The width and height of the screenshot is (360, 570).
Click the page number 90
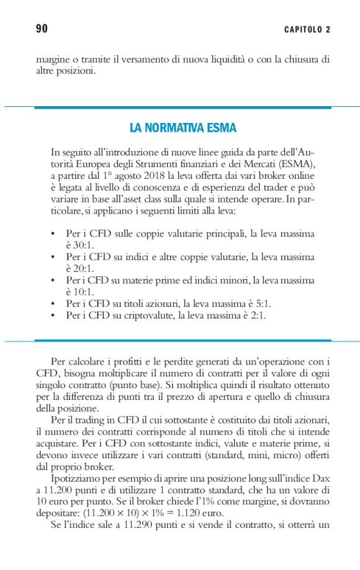[x=42, y=29]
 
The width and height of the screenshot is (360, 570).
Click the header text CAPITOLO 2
[x=307, y=30]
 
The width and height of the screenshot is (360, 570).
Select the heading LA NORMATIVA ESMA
[x=182, y=128]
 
